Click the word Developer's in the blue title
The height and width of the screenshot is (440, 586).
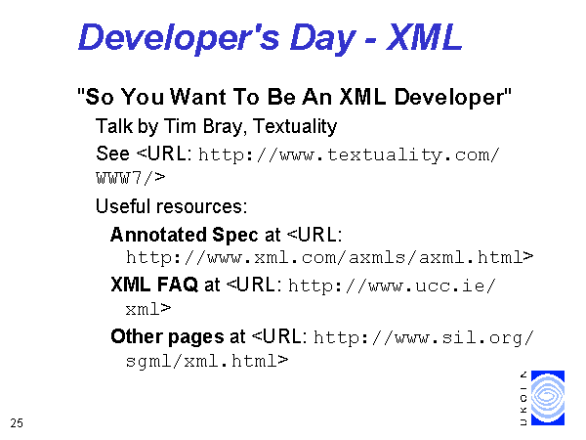pos(179,38)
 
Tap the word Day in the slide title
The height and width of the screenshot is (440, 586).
pos(322,38)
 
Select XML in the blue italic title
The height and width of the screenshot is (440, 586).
pos(424,37)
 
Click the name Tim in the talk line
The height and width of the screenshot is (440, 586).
pos(180,126)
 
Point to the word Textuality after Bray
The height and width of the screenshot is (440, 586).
pos(295,127)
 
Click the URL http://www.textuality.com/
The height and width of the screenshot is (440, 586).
pos(349,155)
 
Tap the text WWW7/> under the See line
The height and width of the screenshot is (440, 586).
pos(131,177)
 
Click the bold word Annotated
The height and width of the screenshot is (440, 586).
pos(158,235)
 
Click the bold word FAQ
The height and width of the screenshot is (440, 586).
pos(178,285)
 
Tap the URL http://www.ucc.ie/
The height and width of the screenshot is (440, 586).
pos(392,286)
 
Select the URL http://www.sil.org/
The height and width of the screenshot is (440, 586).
pos(424,338)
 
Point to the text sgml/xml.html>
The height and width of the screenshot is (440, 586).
pos(207,361)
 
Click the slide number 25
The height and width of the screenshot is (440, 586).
pos(17,423)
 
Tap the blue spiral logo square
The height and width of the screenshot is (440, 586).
pos(548,398)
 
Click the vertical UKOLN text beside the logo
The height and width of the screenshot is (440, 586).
pos(523,398)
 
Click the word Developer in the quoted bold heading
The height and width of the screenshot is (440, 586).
pos(449,98)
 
